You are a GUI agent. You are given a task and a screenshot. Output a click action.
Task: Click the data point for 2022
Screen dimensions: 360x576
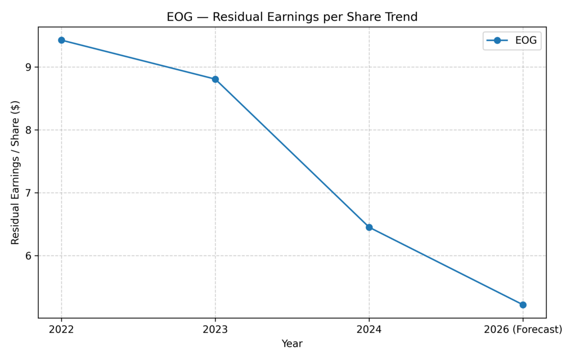coord(61,40)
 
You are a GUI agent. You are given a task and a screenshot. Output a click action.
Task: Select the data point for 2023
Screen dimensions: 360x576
coord(215,79)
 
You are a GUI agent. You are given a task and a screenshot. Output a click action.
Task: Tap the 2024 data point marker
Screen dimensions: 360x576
coord(369,227)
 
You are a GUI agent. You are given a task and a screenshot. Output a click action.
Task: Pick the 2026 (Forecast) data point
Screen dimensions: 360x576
coord(523,305)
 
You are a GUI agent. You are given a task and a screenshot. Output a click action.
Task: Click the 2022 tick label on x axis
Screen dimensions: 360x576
coord(61,330)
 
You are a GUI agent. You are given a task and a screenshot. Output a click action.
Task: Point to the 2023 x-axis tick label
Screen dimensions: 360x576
coord(215,330)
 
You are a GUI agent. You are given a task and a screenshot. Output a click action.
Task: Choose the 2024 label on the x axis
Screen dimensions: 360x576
coord(369,330)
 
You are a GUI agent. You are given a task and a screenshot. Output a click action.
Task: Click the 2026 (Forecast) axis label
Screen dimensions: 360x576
coord(523,330)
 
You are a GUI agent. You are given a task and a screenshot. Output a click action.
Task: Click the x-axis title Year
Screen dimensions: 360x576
coord(292,344)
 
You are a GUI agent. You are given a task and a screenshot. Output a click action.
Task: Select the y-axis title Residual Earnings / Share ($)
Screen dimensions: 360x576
coord(15,172)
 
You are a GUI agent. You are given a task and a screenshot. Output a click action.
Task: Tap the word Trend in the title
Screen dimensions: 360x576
coord(401,17)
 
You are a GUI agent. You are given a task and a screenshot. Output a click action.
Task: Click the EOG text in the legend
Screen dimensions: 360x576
coord(526,40)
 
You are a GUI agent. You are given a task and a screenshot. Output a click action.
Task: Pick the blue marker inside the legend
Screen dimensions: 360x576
coord(497,40)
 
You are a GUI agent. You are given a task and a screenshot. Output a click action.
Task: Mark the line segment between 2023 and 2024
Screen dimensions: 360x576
coord(292,153)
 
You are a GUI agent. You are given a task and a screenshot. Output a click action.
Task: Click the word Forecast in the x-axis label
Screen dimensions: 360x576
coord(536,330)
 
